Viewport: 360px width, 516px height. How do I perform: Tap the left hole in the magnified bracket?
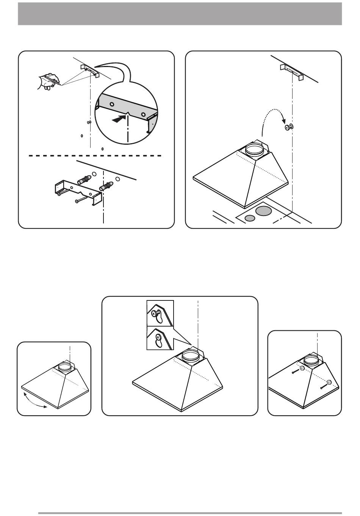coord(112,104)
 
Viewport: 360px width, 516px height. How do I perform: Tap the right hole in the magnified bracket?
coord(143,114)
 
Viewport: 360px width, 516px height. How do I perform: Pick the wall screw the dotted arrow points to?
coord(290,128)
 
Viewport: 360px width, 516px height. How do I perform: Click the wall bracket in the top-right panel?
coord(292,71)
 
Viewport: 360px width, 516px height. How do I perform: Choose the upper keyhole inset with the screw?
coord(160,313)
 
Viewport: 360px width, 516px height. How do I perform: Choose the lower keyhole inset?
coord(160,339)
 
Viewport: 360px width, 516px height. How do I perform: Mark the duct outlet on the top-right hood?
coord(254,149)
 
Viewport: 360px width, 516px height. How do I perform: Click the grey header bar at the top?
coord(180,14)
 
